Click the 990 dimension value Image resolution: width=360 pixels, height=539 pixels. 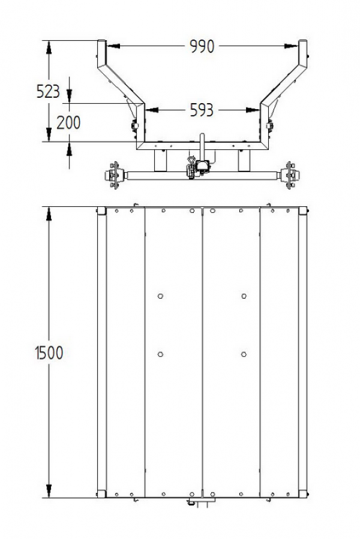click(202, 46)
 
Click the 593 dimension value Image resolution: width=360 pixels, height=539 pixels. click(202, 110)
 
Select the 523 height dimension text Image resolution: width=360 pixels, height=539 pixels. click(48, 92)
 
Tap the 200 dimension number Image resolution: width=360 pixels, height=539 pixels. click(68, 123)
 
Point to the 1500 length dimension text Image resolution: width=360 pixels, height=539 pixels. click(49, 353)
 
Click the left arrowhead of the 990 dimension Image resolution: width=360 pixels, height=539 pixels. click(113, 46)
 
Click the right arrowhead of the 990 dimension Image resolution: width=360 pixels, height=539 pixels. click(291, 46)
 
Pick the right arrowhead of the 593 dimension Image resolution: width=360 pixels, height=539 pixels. click(253, 110)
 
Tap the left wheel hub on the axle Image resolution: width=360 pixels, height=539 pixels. click(114, 175)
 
